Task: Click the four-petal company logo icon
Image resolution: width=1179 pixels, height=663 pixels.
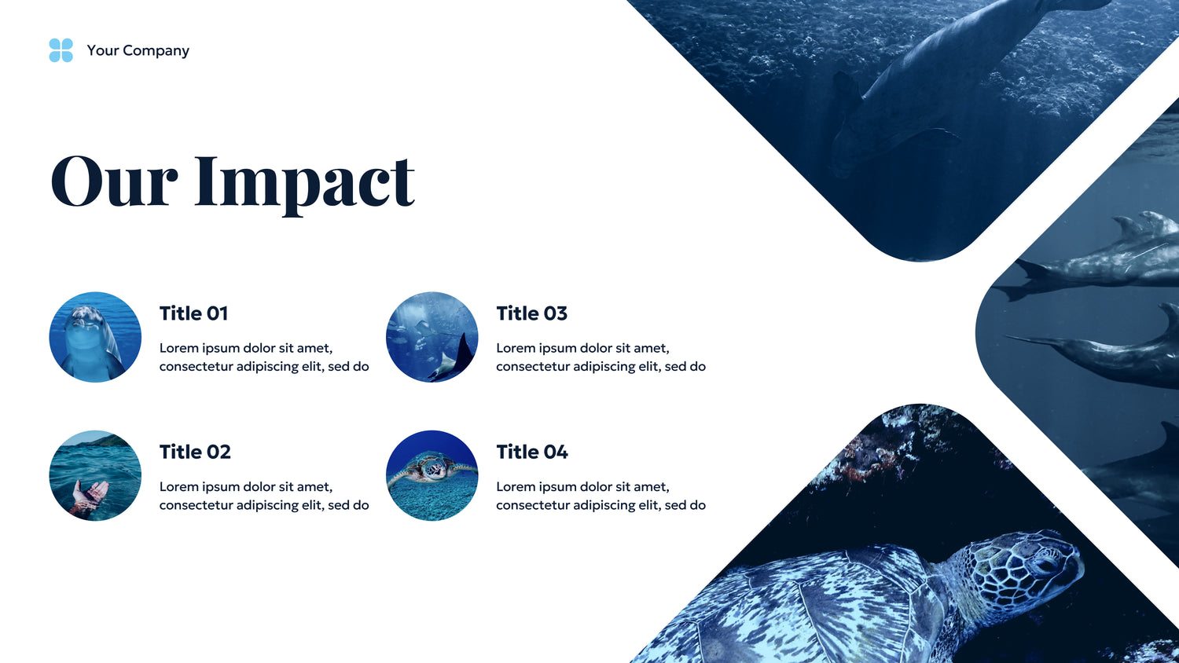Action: point(61,50)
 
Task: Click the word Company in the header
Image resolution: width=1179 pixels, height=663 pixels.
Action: point(156,51)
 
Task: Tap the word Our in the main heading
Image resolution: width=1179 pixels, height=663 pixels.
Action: point(114,181)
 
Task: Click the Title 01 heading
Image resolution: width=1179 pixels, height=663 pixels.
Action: point(193,313)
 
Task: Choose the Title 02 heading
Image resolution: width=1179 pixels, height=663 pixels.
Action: point(195,452)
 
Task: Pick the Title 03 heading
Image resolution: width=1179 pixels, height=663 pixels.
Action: point(532,313)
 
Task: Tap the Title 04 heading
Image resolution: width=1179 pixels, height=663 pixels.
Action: point(532,452)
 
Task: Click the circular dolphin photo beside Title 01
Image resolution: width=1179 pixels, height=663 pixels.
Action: point(95,337)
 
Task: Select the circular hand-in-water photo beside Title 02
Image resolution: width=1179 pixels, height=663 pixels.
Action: point(95,476)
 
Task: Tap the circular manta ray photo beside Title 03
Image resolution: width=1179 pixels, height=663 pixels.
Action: point(432,337)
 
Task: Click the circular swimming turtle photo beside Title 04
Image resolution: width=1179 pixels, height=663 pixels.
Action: point(432,476)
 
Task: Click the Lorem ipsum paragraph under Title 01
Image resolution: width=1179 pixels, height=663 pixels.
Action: point(264,357)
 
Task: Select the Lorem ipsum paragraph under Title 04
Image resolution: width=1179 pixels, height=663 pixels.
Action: point(601,496)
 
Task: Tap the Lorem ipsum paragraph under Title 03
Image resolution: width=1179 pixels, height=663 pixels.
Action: point(601,357)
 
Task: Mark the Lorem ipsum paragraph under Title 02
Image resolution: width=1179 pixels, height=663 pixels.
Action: point(264,496)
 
